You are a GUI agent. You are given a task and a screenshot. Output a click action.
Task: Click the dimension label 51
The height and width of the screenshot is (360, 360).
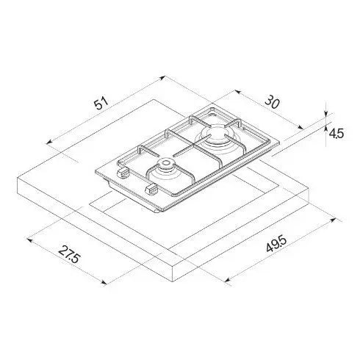point(101,103)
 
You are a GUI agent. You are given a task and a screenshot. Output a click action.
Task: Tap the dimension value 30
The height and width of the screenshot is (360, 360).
point(272,102)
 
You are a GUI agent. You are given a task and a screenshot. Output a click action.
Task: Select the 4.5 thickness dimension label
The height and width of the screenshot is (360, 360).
point(336,134)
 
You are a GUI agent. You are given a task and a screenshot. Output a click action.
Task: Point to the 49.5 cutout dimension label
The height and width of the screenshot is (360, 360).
point(276,244)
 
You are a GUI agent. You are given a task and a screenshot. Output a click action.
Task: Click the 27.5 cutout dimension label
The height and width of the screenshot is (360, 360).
point(69,254)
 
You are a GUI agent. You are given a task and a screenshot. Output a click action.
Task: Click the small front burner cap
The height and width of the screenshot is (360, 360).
point(167,162)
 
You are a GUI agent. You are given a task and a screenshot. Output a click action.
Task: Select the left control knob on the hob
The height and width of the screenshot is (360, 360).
point(123,173)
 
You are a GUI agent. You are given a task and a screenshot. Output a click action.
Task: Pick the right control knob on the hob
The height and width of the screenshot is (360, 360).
point(151,190)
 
